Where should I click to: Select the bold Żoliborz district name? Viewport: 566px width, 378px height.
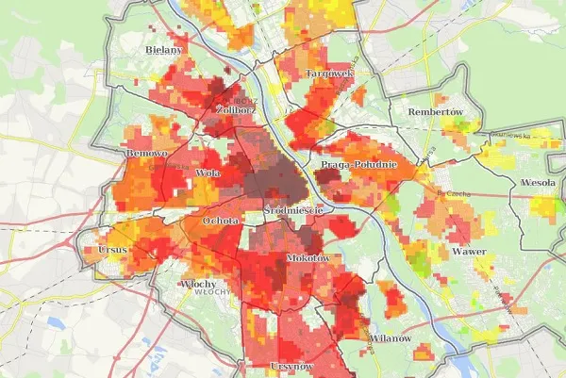[x=236, y=109]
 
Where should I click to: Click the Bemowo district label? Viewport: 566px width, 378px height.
[x=145, y=153]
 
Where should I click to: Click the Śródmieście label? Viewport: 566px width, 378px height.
[x=293, y=210]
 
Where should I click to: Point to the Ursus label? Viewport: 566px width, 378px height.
[x=112, y=251]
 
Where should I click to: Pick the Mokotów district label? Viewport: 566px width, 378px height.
[x=306, y=258]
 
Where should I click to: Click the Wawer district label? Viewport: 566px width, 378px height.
[x=469, y=253]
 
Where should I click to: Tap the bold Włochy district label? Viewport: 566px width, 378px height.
[x=199, y=284]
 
